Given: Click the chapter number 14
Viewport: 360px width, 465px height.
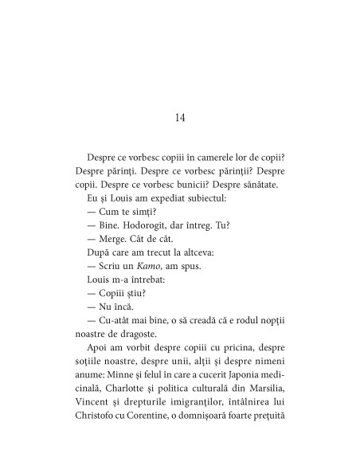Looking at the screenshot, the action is [179, 118].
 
